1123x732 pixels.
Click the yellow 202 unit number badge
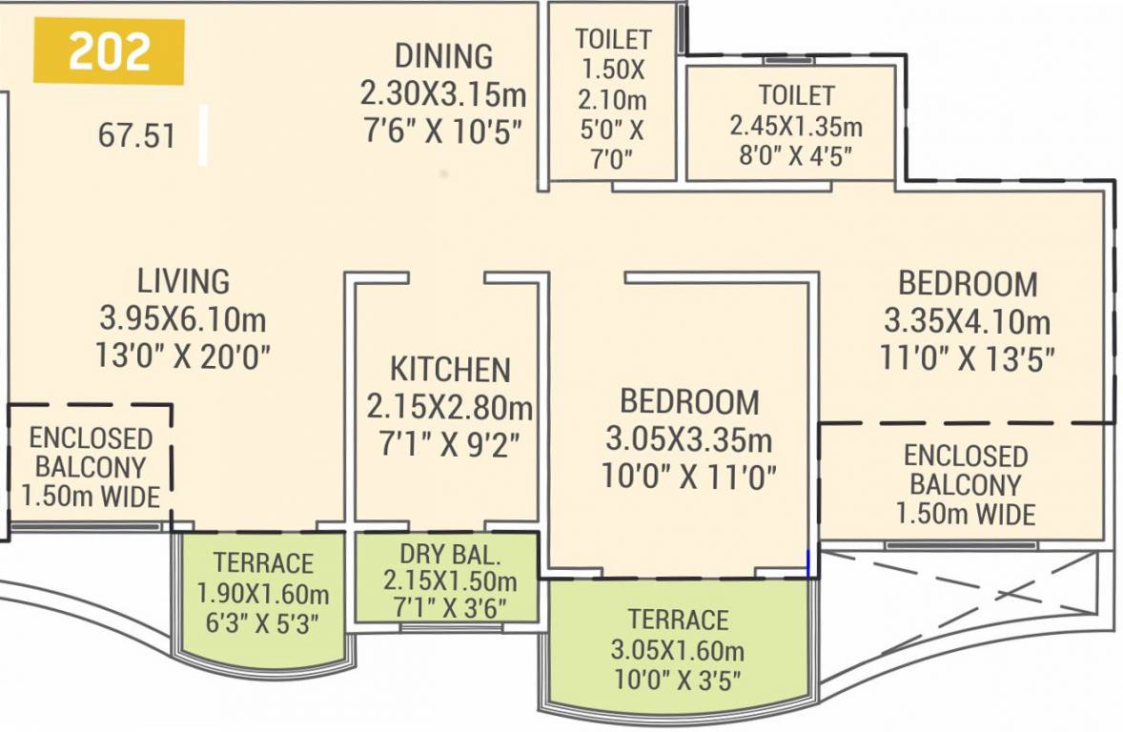tap(109, 52)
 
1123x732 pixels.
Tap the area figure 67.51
tap(136, 135)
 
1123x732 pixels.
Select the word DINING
tap(443, 56)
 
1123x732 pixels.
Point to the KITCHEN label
tap(450, 370)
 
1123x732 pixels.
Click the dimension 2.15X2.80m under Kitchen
tap(450, 408)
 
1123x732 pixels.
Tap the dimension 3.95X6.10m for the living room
tap(183, 318)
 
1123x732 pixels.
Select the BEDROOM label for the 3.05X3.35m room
tap(689, 402)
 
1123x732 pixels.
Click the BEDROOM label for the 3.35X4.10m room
tap(968, 283)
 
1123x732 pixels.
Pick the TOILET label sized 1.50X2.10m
tap(613, 39)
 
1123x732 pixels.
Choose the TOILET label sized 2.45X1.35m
tap(796, 95)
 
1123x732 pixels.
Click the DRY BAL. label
tap(450, 553)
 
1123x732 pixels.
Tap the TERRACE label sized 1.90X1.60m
tap(263, 562)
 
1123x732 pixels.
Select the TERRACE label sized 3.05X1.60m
tap(678, 620)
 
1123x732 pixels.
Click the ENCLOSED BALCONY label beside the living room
tap(91, 453)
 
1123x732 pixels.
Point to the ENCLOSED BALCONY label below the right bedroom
tap(965, 470)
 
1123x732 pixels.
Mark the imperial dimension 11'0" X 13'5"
tap(968, 358)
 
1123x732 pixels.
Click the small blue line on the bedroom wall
tap(808, 563)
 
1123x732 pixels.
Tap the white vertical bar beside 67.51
tap(203, 136)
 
